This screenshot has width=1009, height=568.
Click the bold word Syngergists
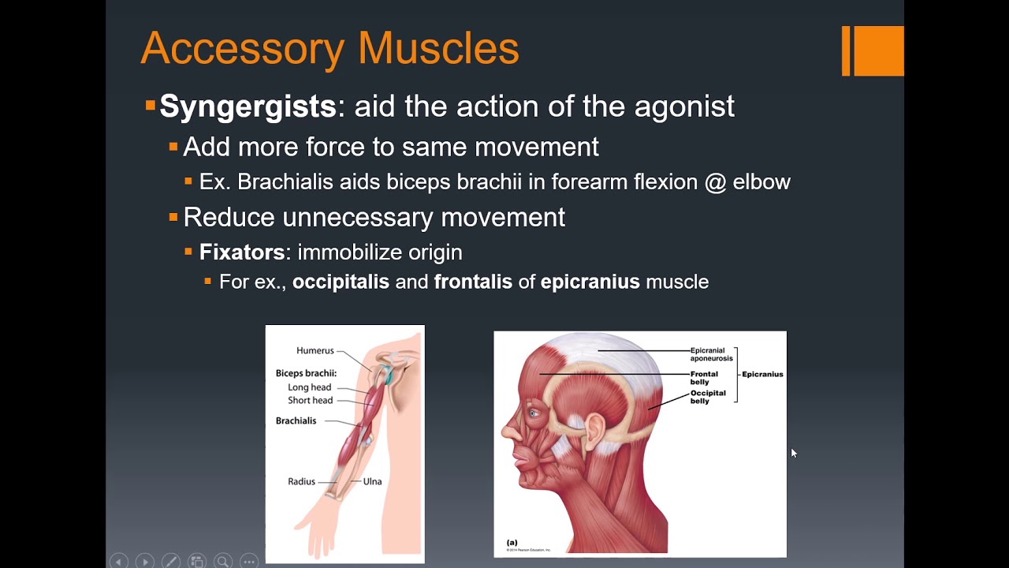coord(248,106)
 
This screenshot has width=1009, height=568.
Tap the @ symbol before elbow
coord(715,182)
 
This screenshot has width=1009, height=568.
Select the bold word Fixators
coord(242,252)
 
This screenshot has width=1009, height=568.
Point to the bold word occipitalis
coord(341,282)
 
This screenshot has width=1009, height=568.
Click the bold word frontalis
coord(473,282)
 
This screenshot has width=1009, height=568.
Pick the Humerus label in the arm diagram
coord(315,350)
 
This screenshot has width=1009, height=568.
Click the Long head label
coord(309,387)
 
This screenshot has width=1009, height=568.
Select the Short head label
coord(310,400)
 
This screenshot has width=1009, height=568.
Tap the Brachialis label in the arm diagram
coord(296,420)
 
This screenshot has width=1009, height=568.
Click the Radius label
coord(301,481)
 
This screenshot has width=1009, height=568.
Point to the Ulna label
coord(372,481)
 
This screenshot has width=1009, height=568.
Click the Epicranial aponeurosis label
coord(711,354)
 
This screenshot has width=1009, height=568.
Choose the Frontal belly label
coord(704,378)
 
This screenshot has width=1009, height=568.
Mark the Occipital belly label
coord(708,397)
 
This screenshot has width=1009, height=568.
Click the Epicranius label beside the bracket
coord(762,374)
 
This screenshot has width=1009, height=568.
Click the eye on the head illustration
coord(535,413)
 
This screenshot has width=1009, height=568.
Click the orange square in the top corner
coord(877,50)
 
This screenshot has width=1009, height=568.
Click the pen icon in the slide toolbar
coord(170,562)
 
